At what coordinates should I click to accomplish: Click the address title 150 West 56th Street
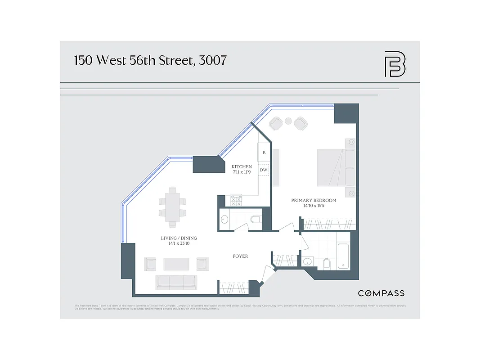[x=150, y=60]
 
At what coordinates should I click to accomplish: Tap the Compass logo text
[x=381, y=293]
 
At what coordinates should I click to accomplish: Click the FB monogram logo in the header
[x=395, y=64]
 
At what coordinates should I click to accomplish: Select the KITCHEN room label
[x=242, y=166]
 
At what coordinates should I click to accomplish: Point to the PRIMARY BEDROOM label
[x=313, y=200]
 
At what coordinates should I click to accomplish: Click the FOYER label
[x=240, y=256]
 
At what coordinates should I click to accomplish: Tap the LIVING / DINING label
[x=179, y=238]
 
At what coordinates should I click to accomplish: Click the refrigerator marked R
[x=264, y=153]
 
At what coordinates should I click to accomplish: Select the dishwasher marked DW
[x=264, y=170]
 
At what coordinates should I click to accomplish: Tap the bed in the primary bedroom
[x=336, y=168]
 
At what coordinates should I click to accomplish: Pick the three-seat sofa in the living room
[x=176, y=282]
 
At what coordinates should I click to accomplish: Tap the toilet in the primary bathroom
[x=327, y=263]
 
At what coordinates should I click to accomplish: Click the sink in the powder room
[x=225, y=220]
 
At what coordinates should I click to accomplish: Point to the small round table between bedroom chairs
[x=288, y=121]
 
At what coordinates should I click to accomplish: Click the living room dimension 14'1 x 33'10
[x=179, y=244]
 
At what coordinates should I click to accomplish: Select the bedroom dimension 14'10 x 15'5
[x=313, y=206]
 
